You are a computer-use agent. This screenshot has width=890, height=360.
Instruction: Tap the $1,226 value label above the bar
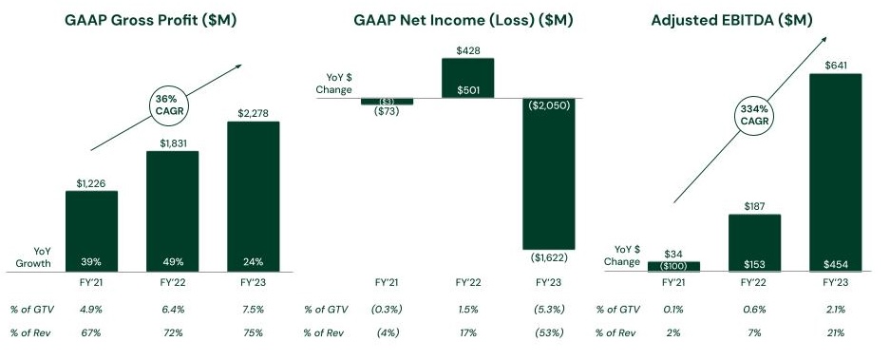91,182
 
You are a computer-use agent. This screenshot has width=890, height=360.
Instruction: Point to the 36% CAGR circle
167,103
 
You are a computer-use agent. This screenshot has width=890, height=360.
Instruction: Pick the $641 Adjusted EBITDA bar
835,171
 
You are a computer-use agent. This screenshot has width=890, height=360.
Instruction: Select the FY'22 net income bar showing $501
467,78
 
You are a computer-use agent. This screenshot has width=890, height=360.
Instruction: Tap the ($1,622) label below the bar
548,257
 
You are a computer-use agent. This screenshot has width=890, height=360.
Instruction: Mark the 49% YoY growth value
172,261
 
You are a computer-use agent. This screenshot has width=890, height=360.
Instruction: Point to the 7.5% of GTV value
253,309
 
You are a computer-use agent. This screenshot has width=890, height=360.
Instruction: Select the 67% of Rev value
91,332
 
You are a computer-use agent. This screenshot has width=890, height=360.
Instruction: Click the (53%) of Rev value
548,332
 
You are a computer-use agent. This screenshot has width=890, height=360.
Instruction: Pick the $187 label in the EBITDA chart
754,205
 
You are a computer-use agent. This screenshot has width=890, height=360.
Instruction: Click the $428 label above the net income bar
467,50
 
